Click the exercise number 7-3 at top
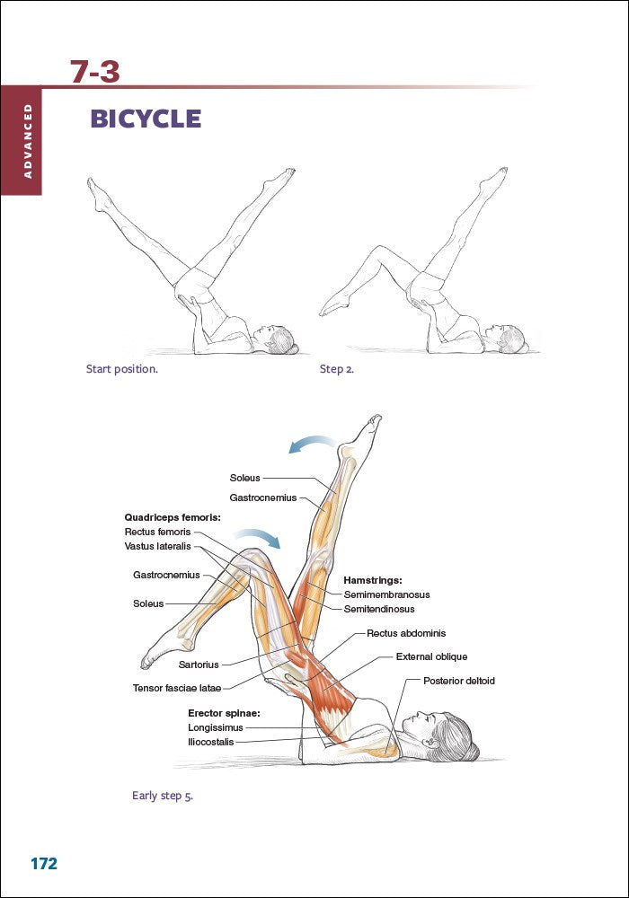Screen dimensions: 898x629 pos(95,72)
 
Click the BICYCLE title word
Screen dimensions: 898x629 pos(146,119)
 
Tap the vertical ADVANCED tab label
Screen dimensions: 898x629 pos(29,140)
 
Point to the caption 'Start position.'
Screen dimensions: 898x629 pos(121,368)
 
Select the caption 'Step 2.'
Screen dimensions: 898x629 pos(337,368)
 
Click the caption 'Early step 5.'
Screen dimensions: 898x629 pos(163,795)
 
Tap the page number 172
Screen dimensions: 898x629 pos(44,864)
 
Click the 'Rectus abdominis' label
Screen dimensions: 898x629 pos(406,633)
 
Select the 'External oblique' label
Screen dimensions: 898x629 pos(431,656)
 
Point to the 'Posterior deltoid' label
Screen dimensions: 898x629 pos(458,681)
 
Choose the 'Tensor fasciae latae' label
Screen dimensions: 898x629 pos(176,689)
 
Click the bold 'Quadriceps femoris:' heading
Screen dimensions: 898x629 pos(172,517)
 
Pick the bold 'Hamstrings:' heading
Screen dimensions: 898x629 pos(373,580)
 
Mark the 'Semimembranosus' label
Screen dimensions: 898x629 pos(386,594)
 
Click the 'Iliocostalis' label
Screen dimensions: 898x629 pos(211,742)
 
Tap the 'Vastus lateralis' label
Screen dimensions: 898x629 pos(158,546)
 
